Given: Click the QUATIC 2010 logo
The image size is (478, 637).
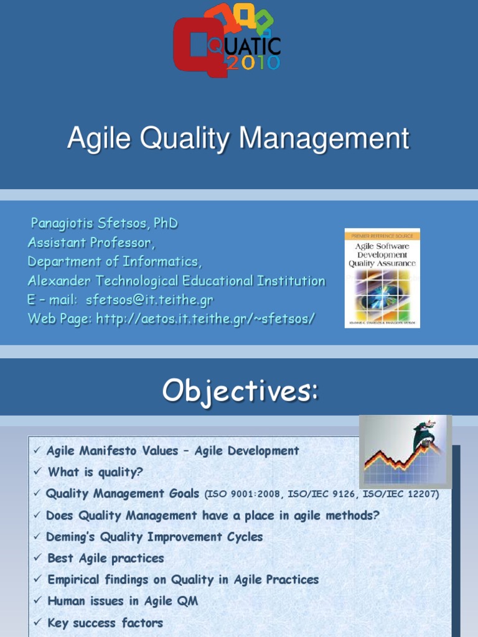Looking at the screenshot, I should (x=227, y=40).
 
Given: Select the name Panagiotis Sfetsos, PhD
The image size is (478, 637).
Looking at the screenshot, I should (x=104, y=223).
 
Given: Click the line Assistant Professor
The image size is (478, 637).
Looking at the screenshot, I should (x=91, y=242).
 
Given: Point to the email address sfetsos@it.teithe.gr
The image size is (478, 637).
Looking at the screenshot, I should (x=149, y=300).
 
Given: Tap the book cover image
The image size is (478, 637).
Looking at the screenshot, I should (x=382, y=278).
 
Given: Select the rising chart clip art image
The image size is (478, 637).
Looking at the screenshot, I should (x=405, y=452).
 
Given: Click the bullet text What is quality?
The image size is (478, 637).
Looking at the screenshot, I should (x=95, y=472).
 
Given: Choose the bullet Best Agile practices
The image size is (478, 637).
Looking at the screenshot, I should (x=105, y=558).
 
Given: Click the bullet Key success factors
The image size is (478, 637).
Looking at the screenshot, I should (x=105, y=623).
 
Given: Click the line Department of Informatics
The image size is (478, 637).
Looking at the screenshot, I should (x=114, y=261).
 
